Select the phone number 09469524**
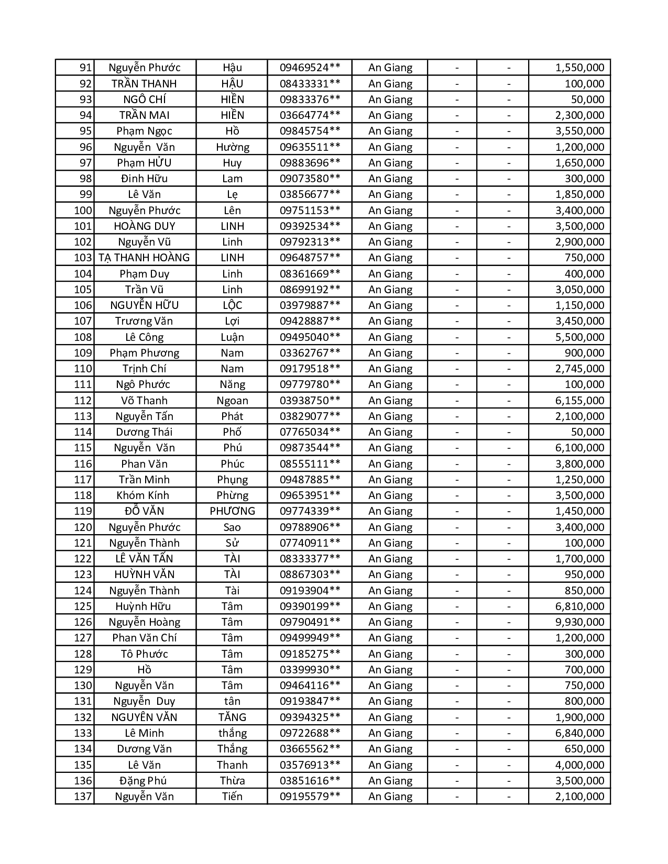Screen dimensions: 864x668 310,68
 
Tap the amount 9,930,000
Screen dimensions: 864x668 579,622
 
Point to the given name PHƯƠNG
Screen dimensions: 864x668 232,511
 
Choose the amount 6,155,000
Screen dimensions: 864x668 579,401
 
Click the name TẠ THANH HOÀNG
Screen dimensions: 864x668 144,258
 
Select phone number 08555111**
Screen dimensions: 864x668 310,464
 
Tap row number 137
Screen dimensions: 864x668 83,796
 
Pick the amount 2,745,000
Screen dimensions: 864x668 579,369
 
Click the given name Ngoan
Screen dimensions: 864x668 232,401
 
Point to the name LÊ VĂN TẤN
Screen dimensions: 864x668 144,559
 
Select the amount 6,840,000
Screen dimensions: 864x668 579,733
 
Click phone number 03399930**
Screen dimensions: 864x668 310,670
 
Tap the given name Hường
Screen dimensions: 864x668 232,147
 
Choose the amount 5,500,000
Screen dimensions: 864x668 579,337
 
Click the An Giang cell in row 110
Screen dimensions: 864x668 390,369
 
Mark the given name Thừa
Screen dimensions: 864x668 232,781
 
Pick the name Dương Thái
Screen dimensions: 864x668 144,432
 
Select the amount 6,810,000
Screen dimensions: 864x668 579,606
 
